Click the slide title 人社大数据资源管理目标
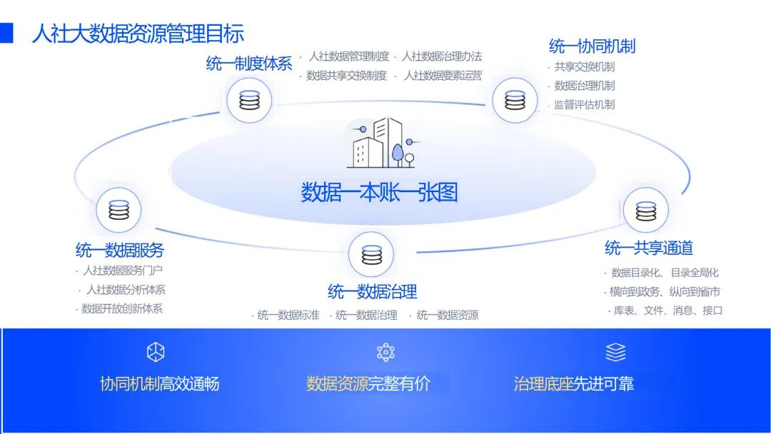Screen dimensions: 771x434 tap(138, 33)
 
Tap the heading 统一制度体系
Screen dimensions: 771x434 tap(249, 64)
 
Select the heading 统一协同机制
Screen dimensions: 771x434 tap(592, 46)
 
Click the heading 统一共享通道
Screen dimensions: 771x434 tap(649, 248)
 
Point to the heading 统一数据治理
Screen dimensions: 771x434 tap(372, 291)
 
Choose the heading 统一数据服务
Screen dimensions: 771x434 tap(120, 250)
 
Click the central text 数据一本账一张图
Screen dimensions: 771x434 tap(379, 192)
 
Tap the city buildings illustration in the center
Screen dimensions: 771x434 tap(380, 143)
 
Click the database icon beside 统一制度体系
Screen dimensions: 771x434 tap(249, 100)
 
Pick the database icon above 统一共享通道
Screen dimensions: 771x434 tap(645, 211)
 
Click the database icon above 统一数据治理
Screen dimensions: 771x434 tap(371, 254)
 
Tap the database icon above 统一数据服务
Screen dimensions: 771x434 tap(119, 210)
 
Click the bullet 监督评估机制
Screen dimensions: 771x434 tap(585, 104)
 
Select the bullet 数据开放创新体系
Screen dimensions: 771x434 tap(122, 309)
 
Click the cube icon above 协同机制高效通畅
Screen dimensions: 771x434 tap(156, 352)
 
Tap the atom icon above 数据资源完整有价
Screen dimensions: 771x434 tap(385, 352)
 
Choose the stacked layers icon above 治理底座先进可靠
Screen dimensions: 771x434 tap(615, 352)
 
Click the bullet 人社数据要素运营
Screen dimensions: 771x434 tap(443, 75)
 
